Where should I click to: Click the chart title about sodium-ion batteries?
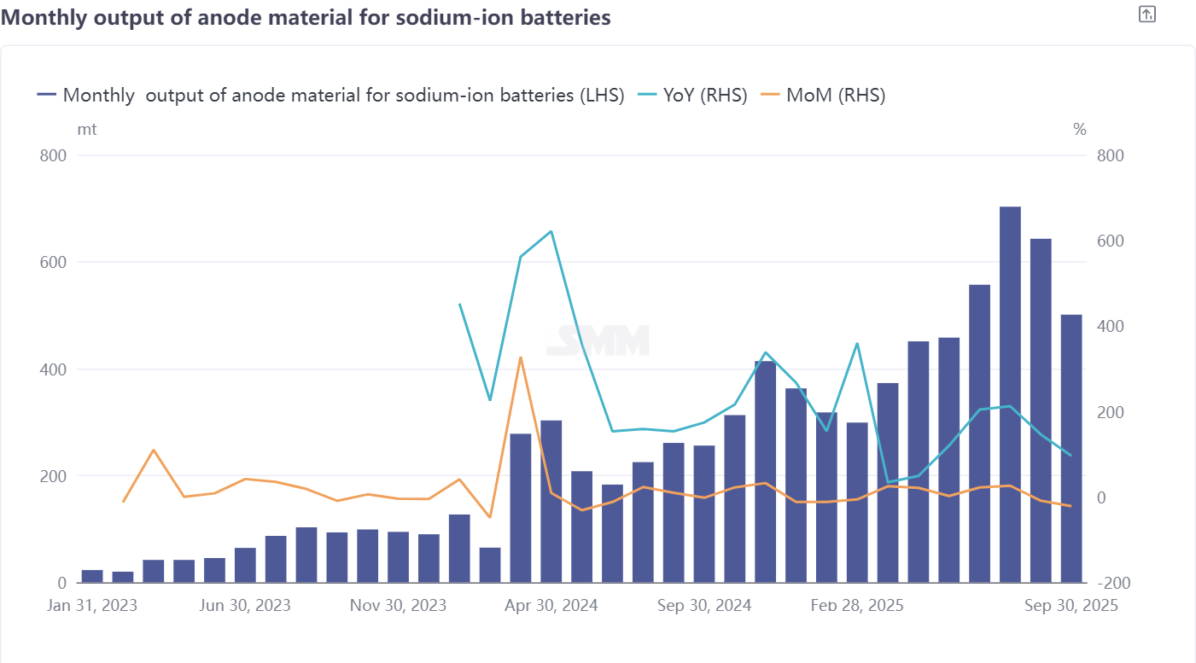coord(306,17)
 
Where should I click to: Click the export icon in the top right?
coord(1147,14)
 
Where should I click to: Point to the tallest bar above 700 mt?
coord(1010,393)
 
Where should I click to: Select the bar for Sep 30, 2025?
coord(1071,448)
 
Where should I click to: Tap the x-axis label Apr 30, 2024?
coord(551,605)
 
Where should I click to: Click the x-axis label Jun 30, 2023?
coord(245,605)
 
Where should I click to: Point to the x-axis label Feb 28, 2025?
coord(857,605)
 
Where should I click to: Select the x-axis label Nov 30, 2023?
coord(399,605)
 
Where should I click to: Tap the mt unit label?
coord(86,130)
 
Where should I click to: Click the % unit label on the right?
coord(1080,130)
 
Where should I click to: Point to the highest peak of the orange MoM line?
coord(521,358)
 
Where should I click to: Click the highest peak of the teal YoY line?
coord(551,231)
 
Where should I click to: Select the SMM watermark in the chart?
coord(598,340)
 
